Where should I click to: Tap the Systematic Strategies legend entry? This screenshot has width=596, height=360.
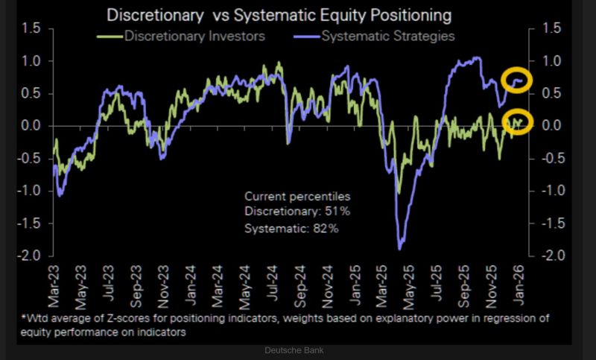382,35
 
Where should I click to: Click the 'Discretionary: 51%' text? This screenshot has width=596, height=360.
297,212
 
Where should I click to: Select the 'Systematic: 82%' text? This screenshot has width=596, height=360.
292,228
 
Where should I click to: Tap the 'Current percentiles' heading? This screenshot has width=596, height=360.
297,196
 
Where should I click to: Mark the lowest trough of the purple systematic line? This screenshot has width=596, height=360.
401,248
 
